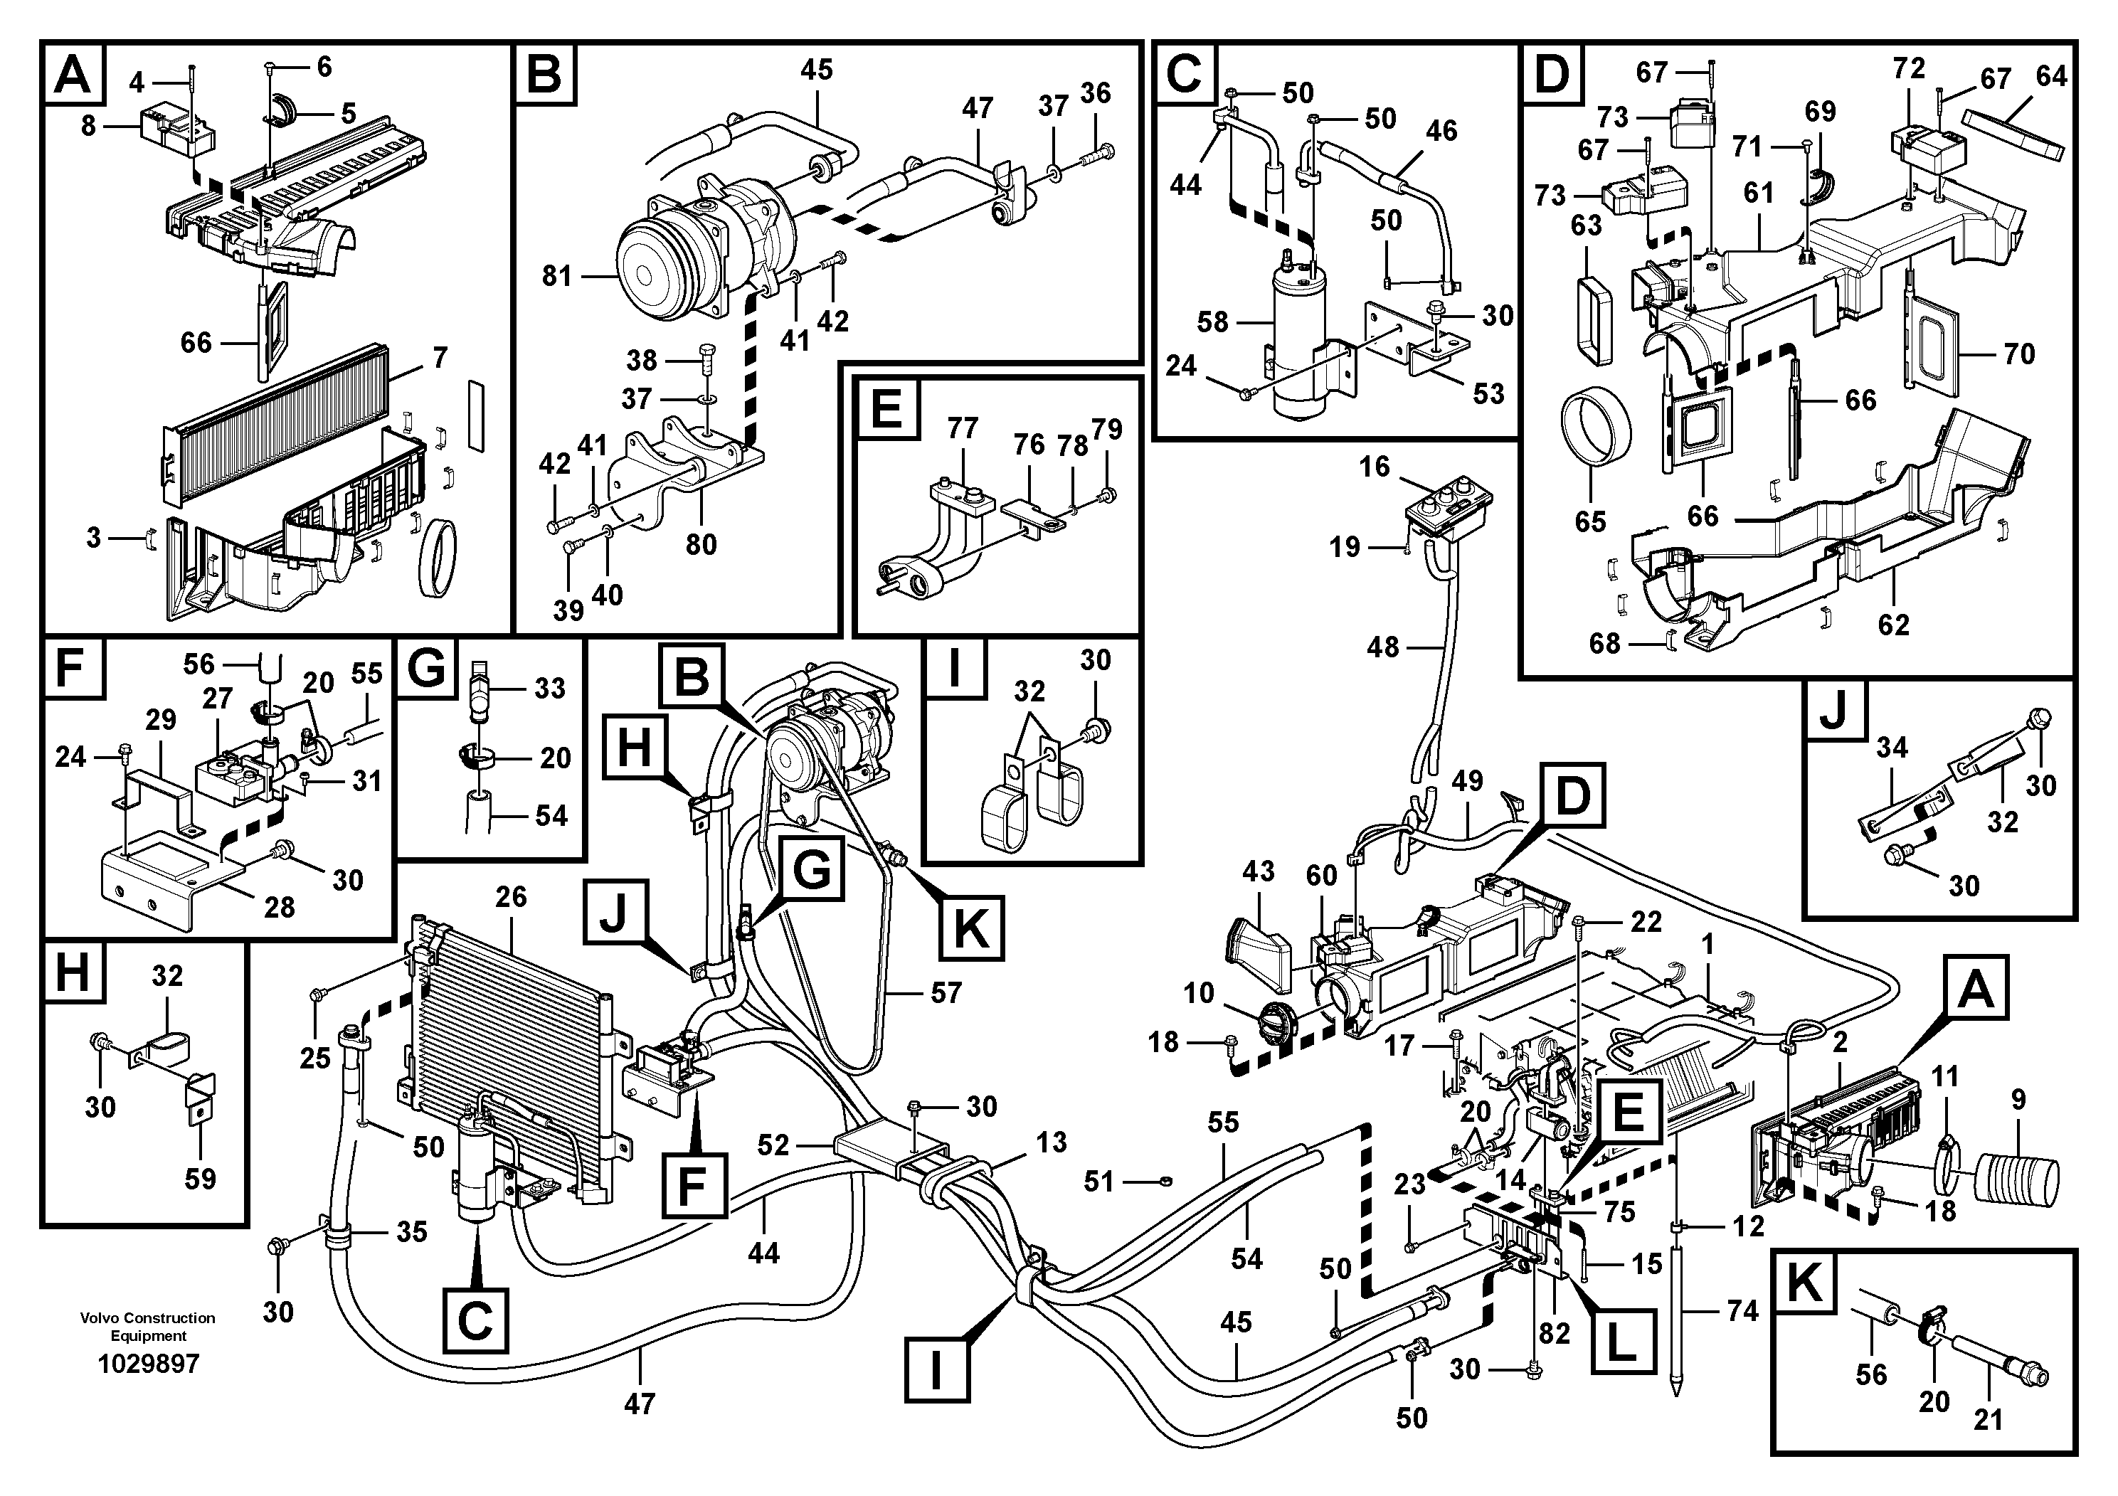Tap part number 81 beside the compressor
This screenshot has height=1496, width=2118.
[x=557, y=276]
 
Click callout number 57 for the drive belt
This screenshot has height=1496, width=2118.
[x=946, y=992]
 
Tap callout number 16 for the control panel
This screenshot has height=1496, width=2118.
[x=1374, y=467]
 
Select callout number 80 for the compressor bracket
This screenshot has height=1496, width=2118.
[x=700, y=544]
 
